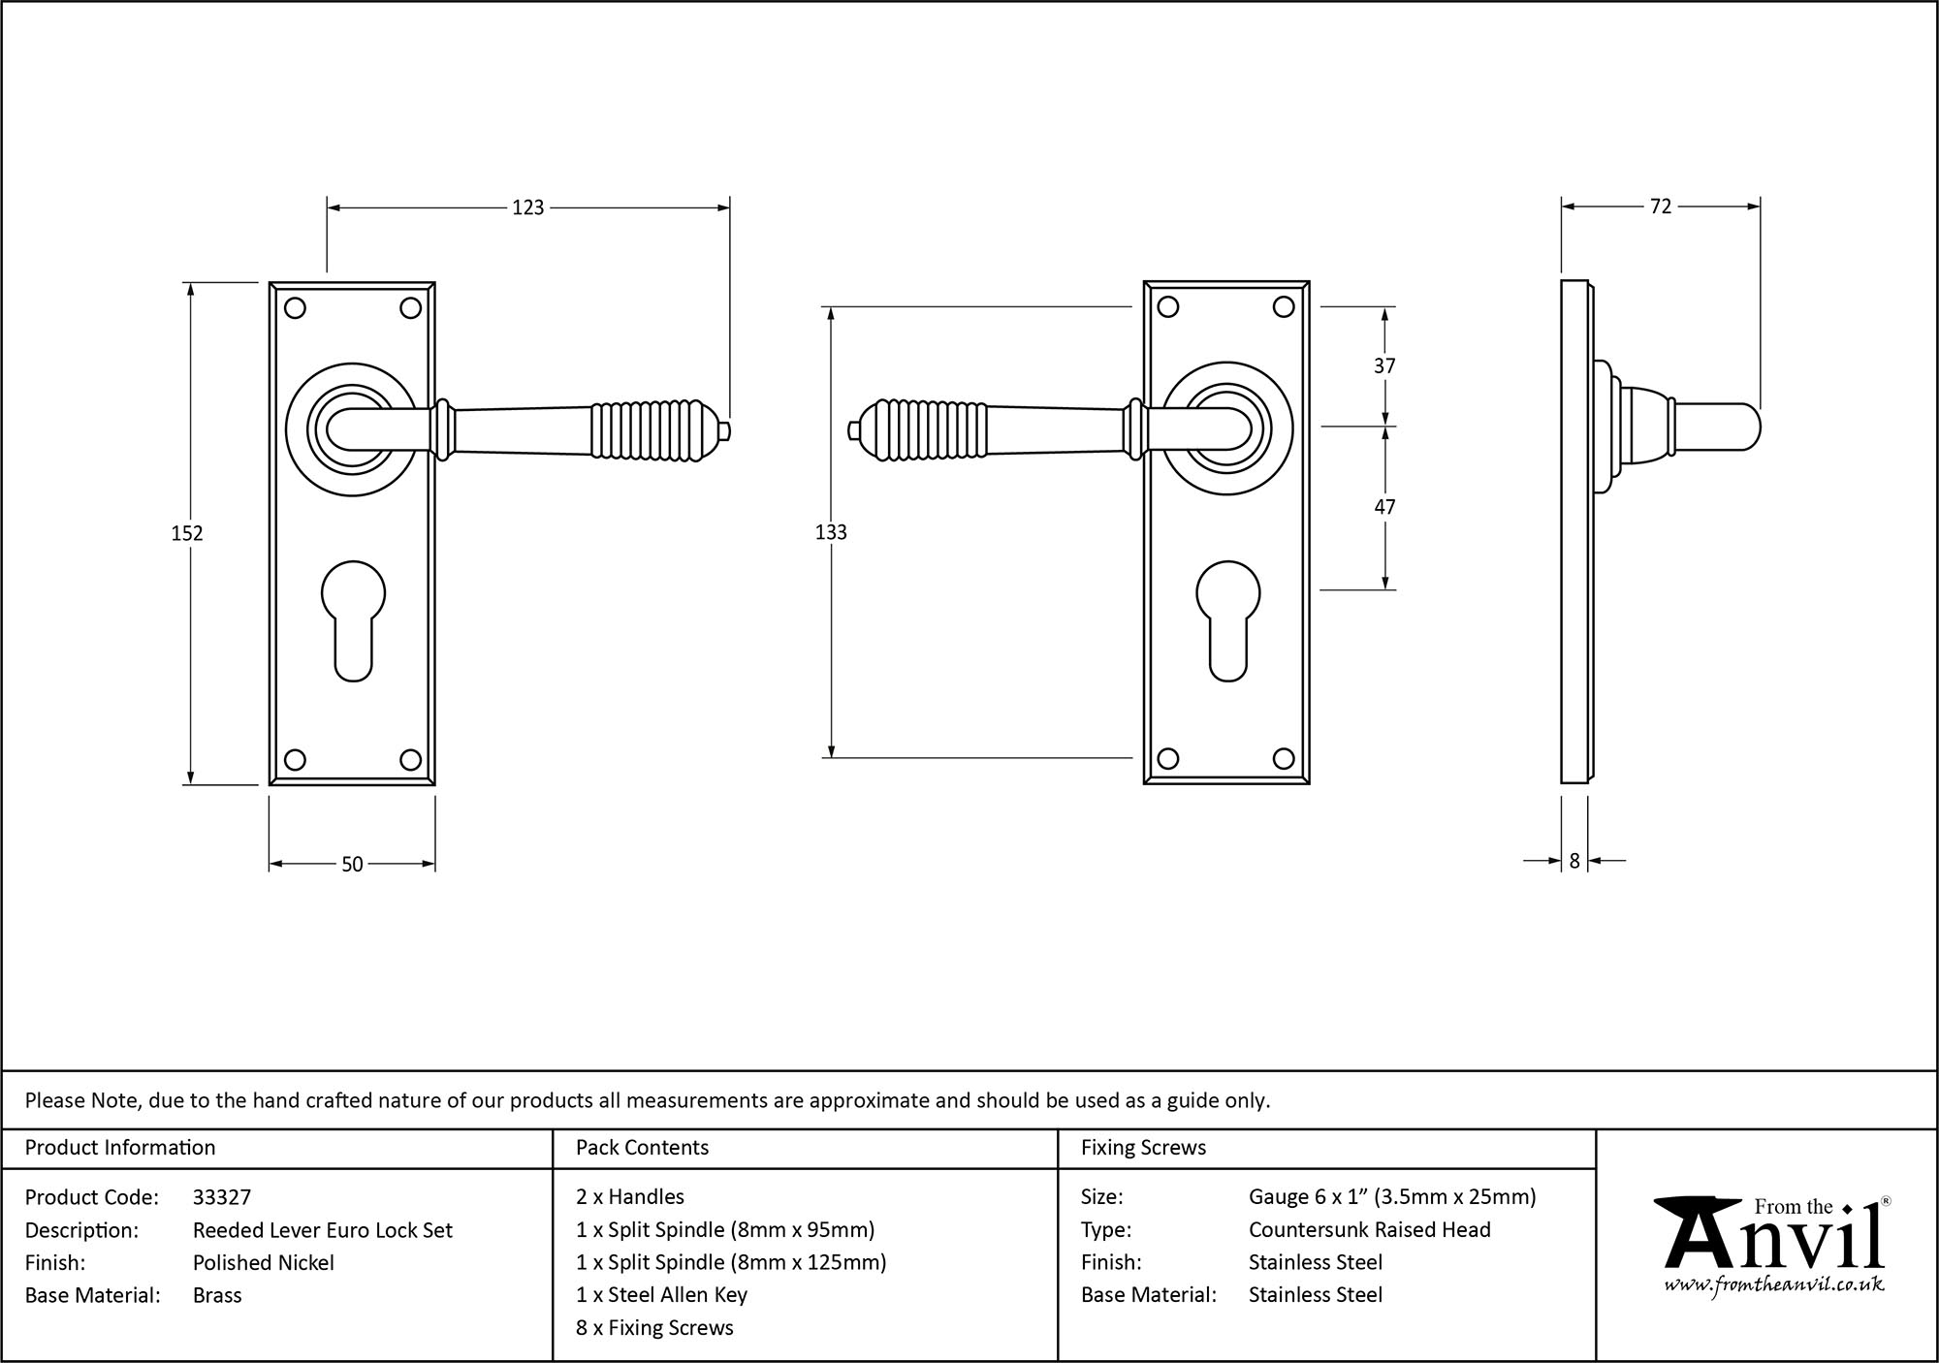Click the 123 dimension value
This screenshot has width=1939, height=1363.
pos(528,207)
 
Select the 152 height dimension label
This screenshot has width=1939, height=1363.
pos(187,533)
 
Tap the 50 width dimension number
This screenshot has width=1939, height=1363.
pos(352,864)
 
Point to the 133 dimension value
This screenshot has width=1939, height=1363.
pos(831,532)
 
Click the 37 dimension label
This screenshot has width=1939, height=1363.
pos(1384,365)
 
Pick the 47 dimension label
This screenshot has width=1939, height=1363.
pos(1384,507)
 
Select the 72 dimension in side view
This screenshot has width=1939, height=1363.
pos(1661,206)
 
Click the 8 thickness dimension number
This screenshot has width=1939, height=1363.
pos(1574,860)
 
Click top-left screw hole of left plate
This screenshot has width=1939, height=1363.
pos(296,308)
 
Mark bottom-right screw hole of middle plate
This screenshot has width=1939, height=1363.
pos(1284,758)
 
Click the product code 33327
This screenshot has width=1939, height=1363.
pos(222,1197)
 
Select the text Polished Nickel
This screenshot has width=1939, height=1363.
pos(264,1262)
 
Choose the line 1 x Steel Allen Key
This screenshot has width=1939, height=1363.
pos(661,1294)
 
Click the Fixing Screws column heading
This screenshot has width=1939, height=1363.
pos(1143,1148)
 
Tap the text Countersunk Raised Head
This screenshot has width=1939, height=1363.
pos(1369,1229)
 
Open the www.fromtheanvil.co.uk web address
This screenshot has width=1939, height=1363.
pos(1774,1285)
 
